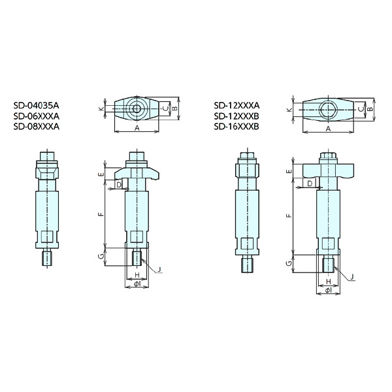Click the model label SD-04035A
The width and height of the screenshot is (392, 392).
37,105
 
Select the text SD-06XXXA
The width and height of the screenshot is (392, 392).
37,116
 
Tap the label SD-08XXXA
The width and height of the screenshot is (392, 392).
37,127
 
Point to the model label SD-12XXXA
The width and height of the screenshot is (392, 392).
237,105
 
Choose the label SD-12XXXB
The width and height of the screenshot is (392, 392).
237,116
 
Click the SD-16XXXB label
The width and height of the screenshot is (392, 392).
237,127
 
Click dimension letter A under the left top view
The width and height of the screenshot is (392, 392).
137,128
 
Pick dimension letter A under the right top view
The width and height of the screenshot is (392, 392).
329,129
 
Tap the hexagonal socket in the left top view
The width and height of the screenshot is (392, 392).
137,108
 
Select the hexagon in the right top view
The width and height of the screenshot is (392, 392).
328,110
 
